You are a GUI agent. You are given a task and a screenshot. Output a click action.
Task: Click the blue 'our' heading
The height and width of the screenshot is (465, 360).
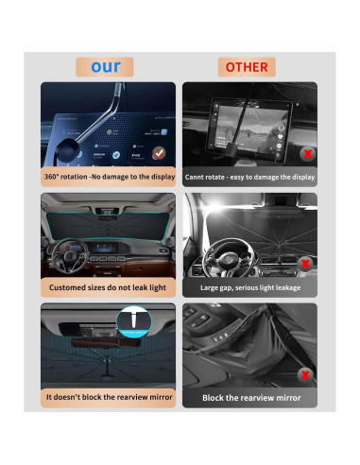[106, 67]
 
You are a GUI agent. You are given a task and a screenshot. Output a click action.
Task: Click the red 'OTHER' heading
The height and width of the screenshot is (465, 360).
[249, 67]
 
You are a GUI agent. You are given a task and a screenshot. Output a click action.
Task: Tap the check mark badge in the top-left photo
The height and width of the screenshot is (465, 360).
[159, 151]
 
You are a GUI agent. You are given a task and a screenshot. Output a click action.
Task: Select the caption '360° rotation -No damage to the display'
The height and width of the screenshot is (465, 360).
[108, 177]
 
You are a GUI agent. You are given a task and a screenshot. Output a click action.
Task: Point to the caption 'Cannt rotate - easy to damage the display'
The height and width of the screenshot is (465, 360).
[249, 177]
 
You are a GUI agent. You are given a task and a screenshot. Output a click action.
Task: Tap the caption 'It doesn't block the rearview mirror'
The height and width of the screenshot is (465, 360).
[108, 398]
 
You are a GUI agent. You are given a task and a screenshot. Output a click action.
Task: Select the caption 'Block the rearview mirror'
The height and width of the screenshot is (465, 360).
[249, 398]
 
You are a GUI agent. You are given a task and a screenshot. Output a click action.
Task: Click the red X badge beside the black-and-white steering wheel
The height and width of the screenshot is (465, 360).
[305, 264]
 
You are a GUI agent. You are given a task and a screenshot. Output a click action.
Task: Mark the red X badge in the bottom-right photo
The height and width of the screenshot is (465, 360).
[305, 373]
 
